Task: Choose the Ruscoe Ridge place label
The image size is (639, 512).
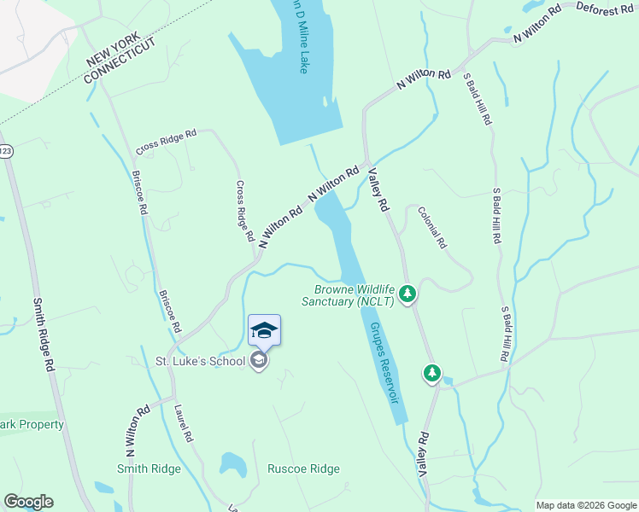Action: [x=303, y=468]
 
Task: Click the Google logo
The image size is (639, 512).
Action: [x=28, y=502]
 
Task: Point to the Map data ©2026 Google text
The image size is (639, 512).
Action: [x=585, y=505]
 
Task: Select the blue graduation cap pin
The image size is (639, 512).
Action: [x=264, y=330]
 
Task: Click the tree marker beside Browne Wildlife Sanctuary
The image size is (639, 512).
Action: [x=407, y=294]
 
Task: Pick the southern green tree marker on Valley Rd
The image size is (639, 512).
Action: [x=432, y=373]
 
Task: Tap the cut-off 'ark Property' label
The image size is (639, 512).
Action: [x=32, y=424]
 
